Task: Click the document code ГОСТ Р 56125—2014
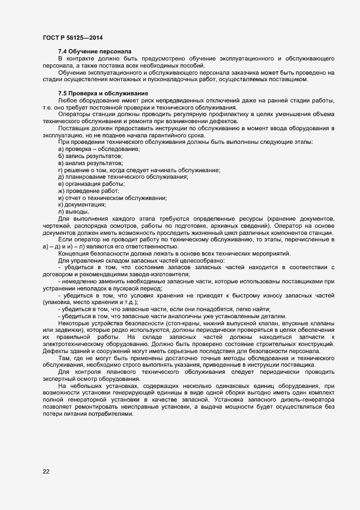coord(72,38)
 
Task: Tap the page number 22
coord(46,471)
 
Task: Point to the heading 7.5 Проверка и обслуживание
coord(103,93)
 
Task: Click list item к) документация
coord(82,205)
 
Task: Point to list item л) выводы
coord(74,212)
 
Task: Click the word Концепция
coord(74,254)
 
